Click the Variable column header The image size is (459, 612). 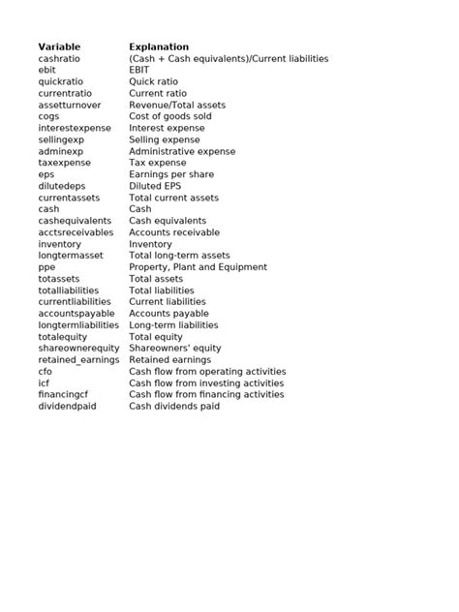[x=59, y=46]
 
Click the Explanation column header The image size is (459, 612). [x=159, y=46]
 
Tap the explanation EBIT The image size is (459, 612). [x=140, y=70]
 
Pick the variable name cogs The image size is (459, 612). [x=48, y=116]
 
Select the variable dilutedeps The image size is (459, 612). [x=62, y=186]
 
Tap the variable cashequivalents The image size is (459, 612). [x=75, y=221]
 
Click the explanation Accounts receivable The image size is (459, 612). [x=175, y=232]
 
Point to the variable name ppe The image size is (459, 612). [x=46, y=267]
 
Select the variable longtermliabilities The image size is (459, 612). [x=78, y=325]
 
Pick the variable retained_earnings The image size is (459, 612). [x=78, y=360]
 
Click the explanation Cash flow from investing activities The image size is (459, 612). [x=206, y=383]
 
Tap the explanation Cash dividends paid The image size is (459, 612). [x=174, y=407]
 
